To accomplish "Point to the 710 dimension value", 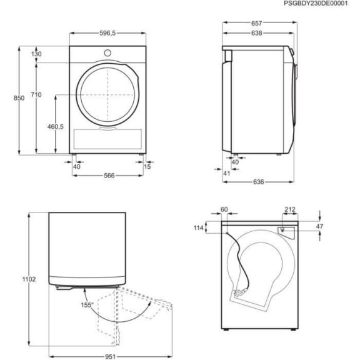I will (x=36, y=94).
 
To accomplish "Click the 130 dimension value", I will (x=36, y=55).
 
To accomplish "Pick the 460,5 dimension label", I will (x=56, y=126).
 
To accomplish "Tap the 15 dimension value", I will (x=147, y=166).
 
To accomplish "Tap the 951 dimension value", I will (x=109, y=352).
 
